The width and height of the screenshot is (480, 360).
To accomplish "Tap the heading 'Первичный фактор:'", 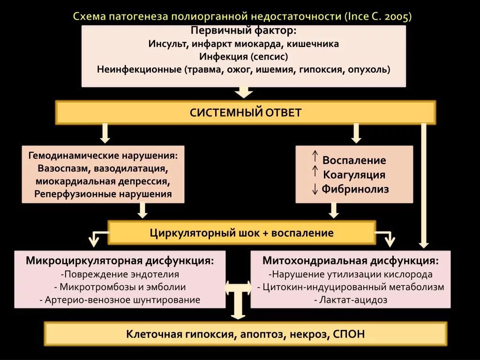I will pos(243,30).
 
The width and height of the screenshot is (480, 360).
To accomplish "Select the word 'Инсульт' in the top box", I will pos(166,44).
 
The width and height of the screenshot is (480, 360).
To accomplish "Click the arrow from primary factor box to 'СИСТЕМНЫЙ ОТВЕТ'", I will pos(244,91).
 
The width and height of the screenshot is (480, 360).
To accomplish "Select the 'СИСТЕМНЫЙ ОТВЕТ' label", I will pos(246,112).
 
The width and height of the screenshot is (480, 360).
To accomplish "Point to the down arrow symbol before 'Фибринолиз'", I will pos(315,189).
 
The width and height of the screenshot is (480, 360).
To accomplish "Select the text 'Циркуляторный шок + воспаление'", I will pos(242,233).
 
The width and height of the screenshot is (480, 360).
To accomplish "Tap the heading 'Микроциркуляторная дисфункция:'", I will pos(120,261).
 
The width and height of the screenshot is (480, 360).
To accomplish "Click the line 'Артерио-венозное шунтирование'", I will pos(120,300).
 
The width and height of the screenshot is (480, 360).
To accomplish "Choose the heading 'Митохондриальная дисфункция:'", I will pos(351,261).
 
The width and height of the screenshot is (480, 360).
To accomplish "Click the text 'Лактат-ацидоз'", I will pos(351,300).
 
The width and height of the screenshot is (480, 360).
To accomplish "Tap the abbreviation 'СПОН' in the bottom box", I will pos(348,334).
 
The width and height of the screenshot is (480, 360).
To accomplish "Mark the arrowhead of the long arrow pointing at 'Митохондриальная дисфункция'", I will pos(424,243).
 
